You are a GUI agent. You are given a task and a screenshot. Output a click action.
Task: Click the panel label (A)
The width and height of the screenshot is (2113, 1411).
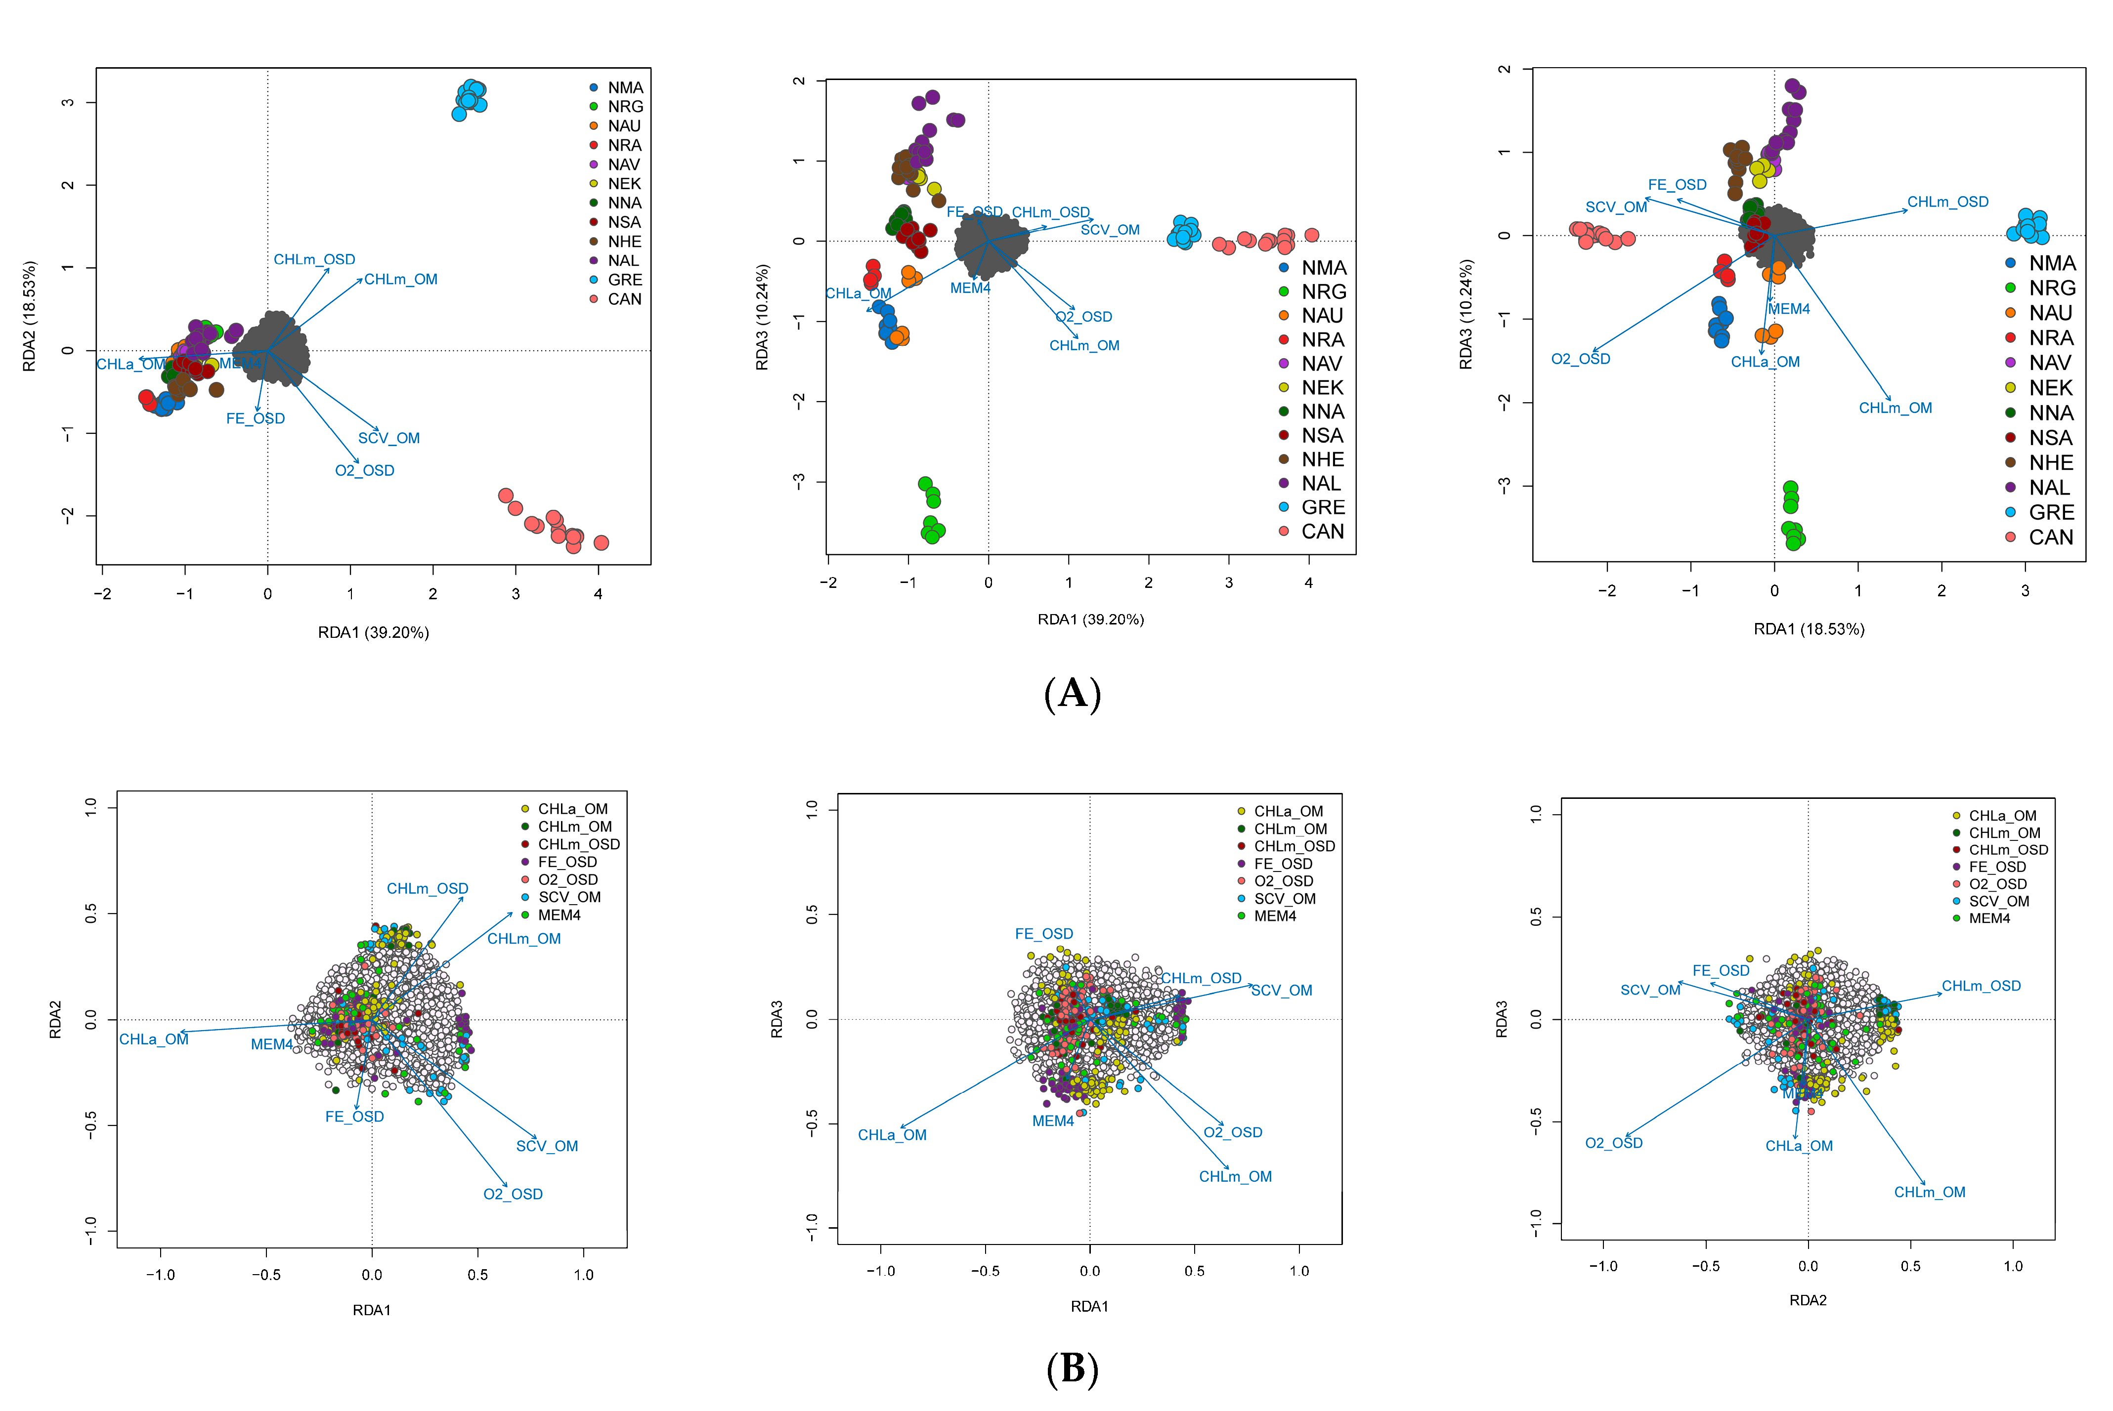pyautogui.click(x=1072, y=694)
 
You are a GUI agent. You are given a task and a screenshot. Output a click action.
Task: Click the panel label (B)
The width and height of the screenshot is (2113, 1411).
pyautogui.click(x=1072, y=1369)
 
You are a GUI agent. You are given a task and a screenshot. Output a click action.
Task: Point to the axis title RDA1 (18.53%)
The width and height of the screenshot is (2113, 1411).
pyautogui.click(x=1808, y=629)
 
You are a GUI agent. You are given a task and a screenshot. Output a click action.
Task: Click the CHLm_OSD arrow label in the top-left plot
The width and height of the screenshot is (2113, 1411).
pyautogui.click(x=314, y=259)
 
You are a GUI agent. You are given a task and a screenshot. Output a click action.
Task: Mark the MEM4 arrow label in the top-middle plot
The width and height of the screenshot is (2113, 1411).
pyautogui.click(x=970, y=288)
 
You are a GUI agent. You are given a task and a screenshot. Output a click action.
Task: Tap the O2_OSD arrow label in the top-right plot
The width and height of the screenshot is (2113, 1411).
pyautogui.click(x=1580, y=359)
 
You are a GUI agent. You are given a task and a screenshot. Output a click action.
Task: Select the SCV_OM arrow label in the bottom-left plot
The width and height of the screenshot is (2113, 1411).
pyautogui.click(x=547, y=1146)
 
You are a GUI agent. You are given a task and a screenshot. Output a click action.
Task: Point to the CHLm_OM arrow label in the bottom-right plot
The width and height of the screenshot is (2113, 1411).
pyautogui.click(x=1929, y=1192)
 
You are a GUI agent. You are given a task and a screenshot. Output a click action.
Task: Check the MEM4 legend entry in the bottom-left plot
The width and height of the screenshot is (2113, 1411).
pyautogui.click(x=558, y=915)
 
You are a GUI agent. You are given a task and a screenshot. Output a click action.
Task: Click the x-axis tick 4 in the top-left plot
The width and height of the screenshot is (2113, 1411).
pyautogui.click(x=598, y=594)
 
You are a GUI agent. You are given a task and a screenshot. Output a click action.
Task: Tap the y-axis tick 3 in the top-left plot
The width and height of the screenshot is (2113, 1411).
pyautogui.click(x=68, y=103)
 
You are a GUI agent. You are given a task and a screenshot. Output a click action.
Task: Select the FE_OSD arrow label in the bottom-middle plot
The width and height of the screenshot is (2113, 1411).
pyautogui.click(x=1043, y=934)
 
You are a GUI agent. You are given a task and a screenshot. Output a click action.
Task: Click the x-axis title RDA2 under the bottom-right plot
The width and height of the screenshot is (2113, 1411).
pyautogui.click(x=1807, y=1300)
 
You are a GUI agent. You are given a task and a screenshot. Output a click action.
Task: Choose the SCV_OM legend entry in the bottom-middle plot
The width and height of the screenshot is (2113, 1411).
pyautogui.click(x=1284, y=899)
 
